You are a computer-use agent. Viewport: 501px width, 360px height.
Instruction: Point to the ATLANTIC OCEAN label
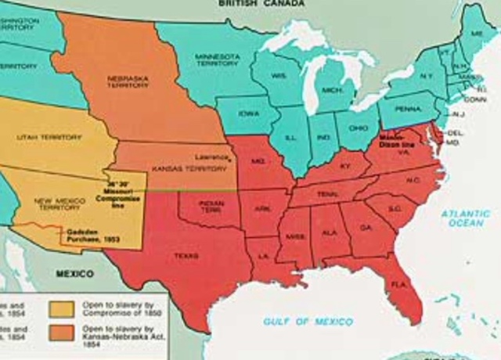[465, 218]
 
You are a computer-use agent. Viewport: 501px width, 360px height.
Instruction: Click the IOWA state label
[249, 113]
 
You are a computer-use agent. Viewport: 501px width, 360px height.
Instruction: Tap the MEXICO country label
[73, 275]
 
